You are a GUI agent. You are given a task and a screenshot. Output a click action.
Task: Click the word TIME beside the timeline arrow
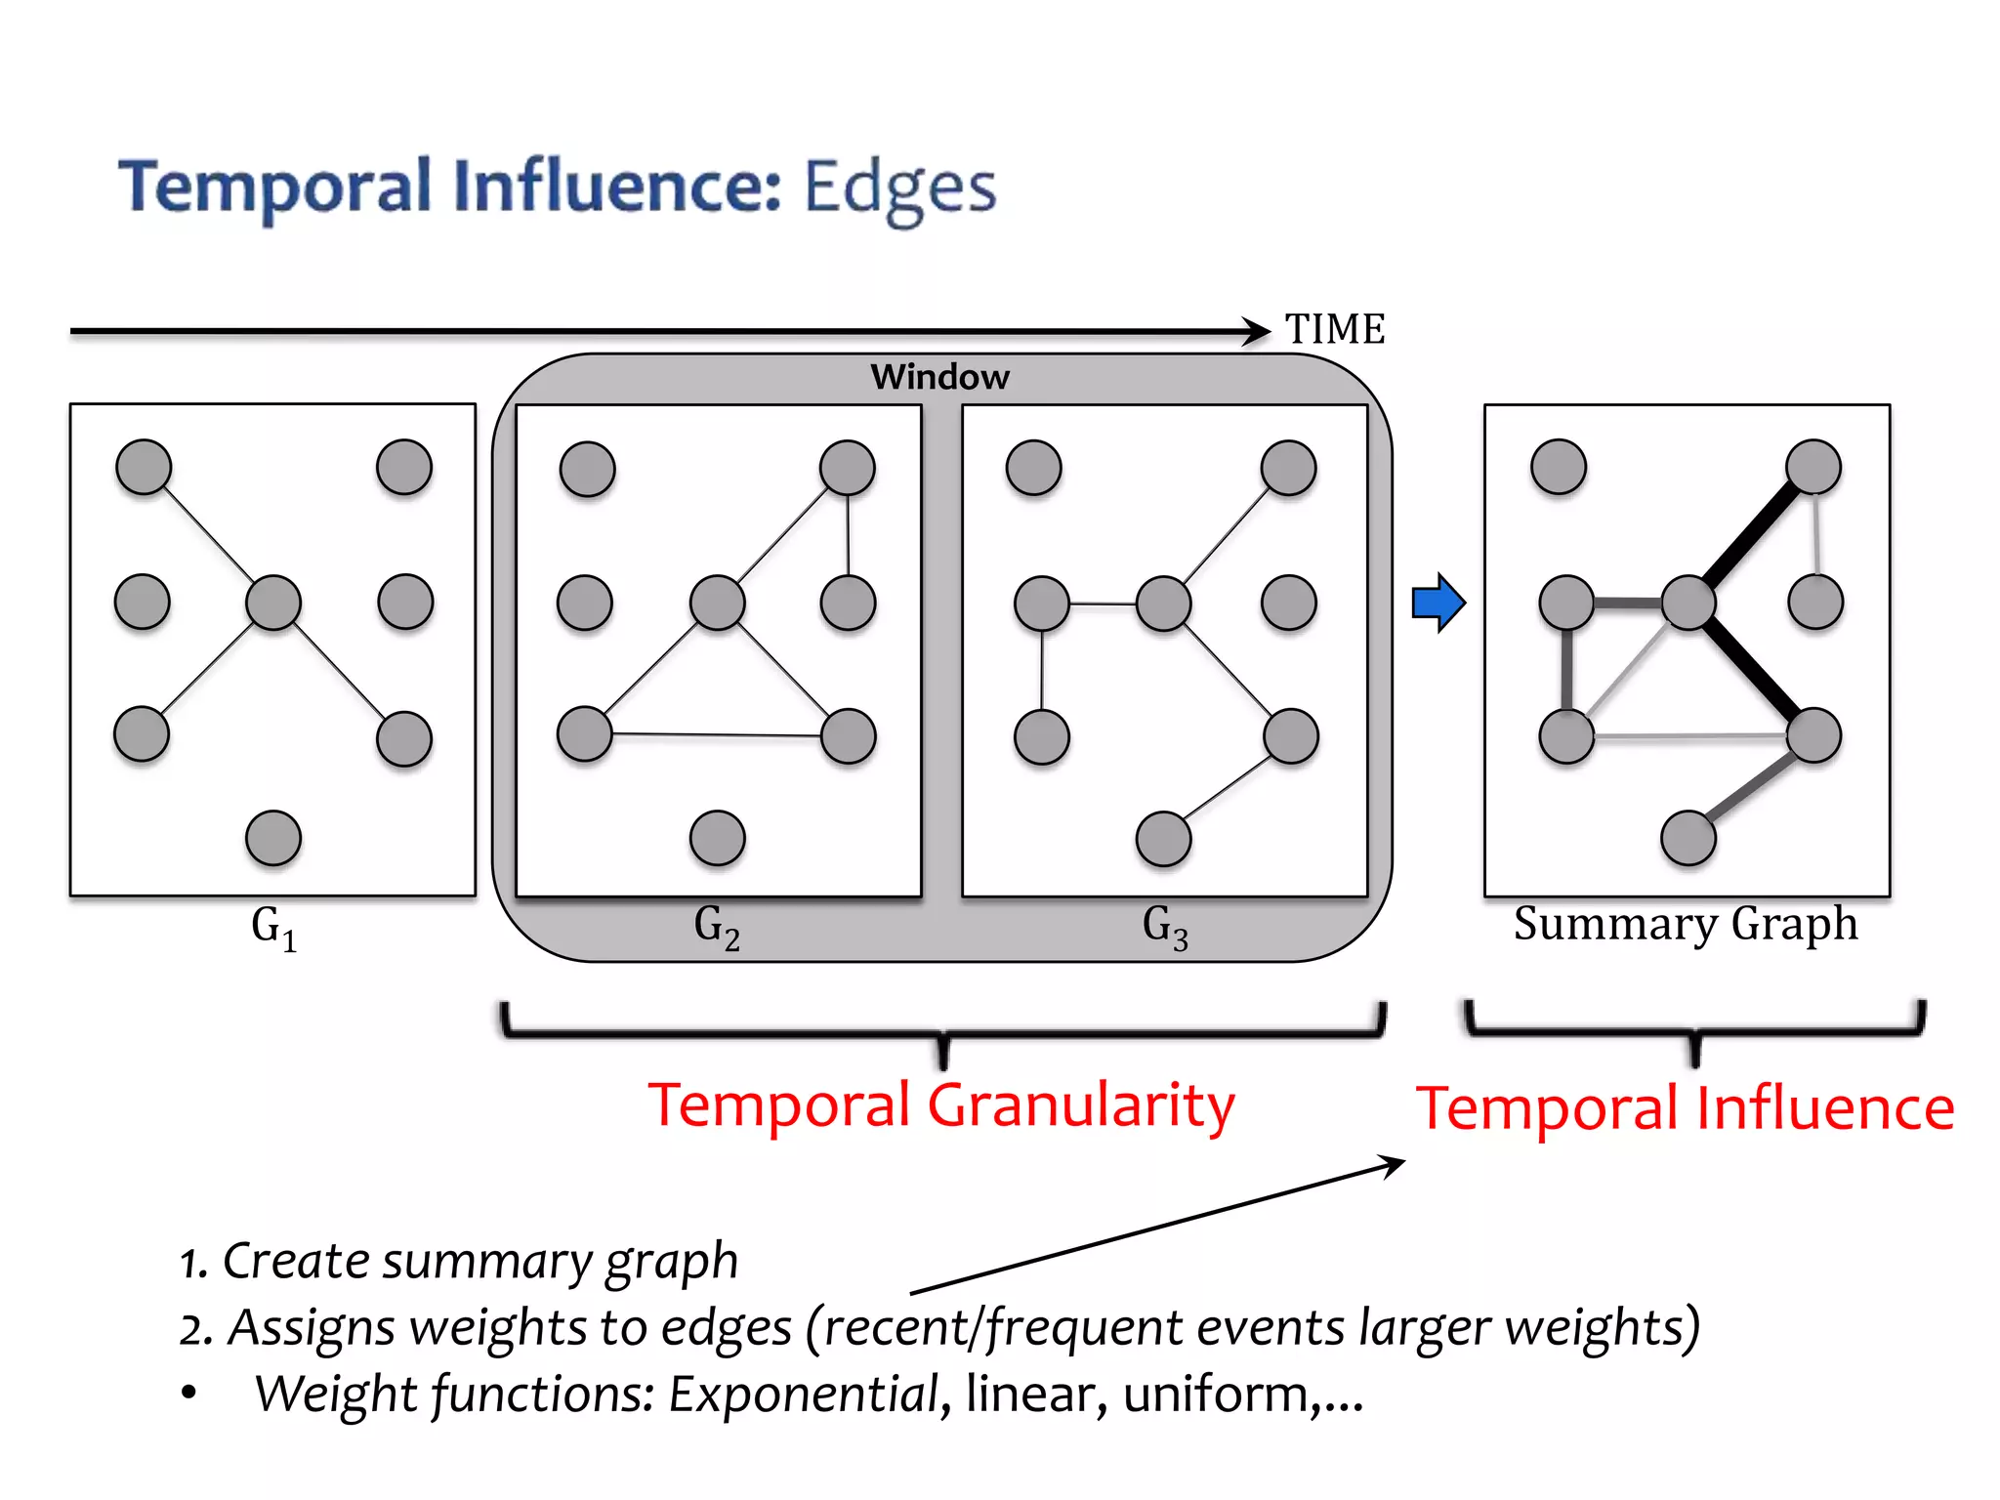click(x=1334, y=329)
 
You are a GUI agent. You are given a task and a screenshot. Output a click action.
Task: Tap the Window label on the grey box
click(x=939, y=377)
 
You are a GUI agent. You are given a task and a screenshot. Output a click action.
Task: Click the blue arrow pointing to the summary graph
click(x=1438, y=603)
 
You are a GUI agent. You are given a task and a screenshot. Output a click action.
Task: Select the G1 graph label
click(x=273, y=927)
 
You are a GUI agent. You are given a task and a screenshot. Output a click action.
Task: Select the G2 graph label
click(x=717, y=927)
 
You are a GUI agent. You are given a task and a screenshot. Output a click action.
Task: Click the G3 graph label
click(x=1165, y=927)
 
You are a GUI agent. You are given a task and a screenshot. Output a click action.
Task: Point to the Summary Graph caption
click(x=1686, y=924)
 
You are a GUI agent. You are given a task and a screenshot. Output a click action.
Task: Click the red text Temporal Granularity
click(x=941, y=1106)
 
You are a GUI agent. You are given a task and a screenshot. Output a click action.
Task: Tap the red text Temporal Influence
click(x=1686, y=1109)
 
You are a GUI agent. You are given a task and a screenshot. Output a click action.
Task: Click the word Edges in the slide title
click(x=899, y=187)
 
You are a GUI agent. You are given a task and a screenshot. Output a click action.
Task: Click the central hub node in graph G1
click(x=273, y=603)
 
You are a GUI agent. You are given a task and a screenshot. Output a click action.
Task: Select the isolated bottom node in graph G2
click(x=718, y=838)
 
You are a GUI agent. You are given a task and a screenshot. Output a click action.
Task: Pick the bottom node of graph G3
click(x=1164, y=838)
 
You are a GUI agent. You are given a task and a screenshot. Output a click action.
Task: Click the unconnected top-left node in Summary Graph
click(x=1559, y=467)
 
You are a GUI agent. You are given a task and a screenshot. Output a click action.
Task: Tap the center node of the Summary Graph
click(x=1689, y=603)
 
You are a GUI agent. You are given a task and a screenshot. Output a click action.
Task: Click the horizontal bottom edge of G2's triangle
click(x=717, y=734)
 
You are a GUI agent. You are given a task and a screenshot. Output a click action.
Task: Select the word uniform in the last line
click(x=1215, y=1394)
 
